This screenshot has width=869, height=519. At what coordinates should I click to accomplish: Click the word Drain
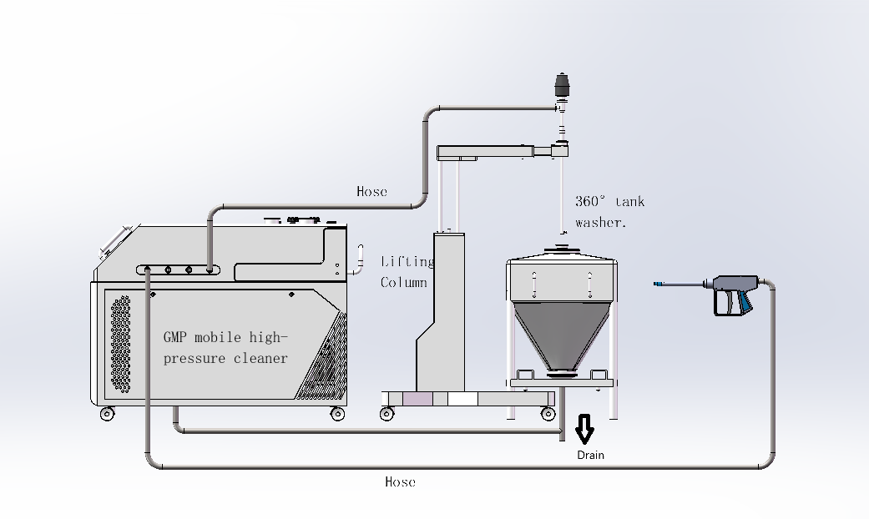pyautogui.click(x=590, y=456)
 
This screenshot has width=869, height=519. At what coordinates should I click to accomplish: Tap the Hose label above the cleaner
pyautogui.click(x=371, y=192)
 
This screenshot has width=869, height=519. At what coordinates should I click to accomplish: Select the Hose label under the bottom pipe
pyautogui.click(x=400, y=482)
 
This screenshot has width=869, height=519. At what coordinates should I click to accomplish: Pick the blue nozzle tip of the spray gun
pyautogui.click(x=659, y=285)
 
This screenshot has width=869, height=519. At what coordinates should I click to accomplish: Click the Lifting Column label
pyautogui.click(x=407, y=272)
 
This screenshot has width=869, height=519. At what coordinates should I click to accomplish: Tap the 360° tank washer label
pyautogui.click(x=609, y=212)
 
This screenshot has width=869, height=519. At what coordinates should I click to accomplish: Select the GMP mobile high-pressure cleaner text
pyautogui.click(x=225, y=348)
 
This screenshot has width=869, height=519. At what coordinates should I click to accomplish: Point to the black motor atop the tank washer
pyautogui.click(x=562, y=84)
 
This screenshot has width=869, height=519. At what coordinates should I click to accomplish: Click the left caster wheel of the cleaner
pyautogui.click(x=107, y=414)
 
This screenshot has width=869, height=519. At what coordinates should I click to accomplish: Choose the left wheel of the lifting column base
pyautogui.click(x=387, y=414)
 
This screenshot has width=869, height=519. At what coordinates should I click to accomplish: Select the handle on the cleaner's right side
pyautogui.click(x=361, y=258)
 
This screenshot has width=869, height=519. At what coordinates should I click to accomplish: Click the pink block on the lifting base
pyautogui.click(x=418, y=399)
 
